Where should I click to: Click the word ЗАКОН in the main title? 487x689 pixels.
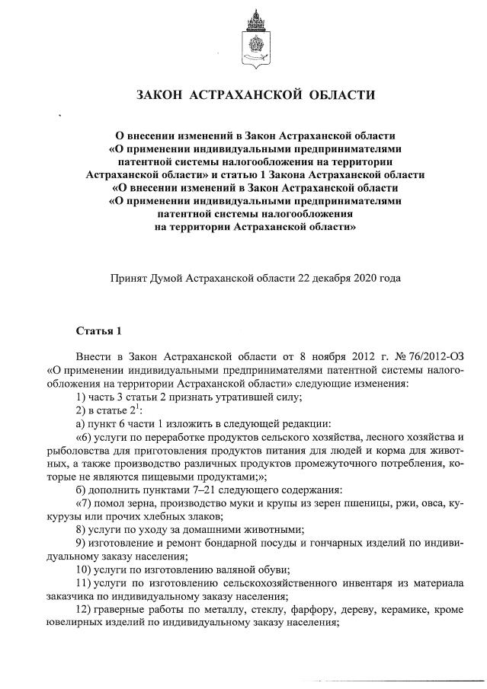click(x=159, y=95)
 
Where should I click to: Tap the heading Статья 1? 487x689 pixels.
click(x=98, y=331)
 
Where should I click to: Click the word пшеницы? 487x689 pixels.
click(x=369, y=503)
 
